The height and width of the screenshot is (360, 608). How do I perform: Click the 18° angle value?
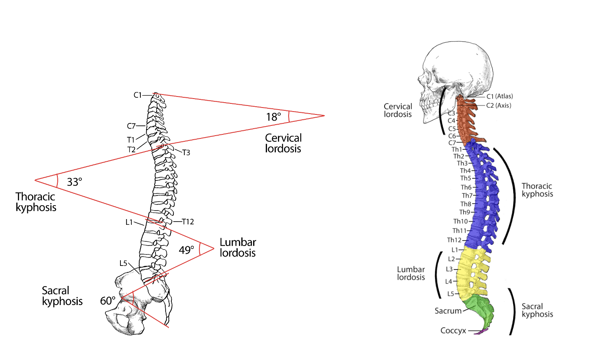pyautogui.click(x=273, y=117)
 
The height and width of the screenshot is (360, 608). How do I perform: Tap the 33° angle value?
pyautogui.click(x=74, y=182)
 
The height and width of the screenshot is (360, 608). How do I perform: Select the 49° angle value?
pyautogui.click(x=186, y=250)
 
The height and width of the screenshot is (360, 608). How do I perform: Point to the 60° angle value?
pyautogui.click(x=108, y=301)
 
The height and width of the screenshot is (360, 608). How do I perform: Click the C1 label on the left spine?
pyautogui.click(x=138, y=95)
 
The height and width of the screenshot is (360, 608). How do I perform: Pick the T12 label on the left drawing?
pyautogui.click(x=188, y=222)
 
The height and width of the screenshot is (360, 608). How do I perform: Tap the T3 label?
pyautogui.click(x=186, y=153)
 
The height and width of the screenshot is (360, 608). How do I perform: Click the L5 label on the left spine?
pyautogui.click(x=123, y=263)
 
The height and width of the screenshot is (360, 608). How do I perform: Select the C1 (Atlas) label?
pyautogui.click(x=500, y=96)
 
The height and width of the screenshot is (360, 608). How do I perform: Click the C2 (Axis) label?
pyautogui.click(x=499, y=105)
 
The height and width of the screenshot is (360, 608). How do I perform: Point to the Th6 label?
pyautogui.click(x=466, y=187)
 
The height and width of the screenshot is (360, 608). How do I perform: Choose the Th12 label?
pyautogui.click(x=454, y=240)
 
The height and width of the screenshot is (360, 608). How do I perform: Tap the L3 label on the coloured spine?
pyautogui.click(x=449, y=269)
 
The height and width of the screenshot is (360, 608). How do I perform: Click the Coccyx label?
pyautogui.click(x=453, y=331)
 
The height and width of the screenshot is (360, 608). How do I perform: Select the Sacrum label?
pyautogui.click(x=448, y=311)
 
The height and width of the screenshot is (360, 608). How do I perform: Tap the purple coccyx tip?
pyautogui.click(x=481, y=331)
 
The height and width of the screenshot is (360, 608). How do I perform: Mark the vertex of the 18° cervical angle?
pyautogui.click(x=324, y=116)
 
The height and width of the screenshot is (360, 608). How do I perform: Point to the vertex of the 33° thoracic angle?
pyautogui.click(x=35, y=180)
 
